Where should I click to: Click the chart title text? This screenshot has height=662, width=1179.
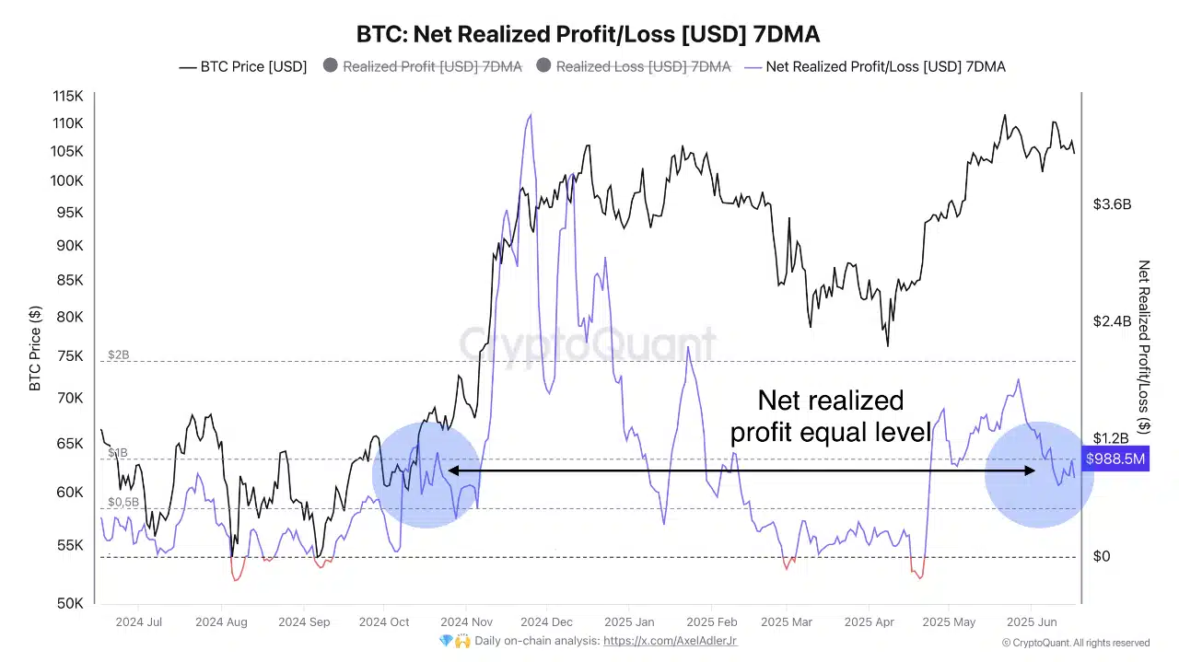coord(588,34)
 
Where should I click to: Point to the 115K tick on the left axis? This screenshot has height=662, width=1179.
coord(67,96)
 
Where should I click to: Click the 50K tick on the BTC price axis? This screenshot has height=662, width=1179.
coord(70,603)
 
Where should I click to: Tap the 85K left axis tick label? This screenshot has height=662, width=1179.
coord(70,280)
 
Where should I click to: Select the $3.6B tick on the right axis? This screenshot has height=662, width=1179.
coord(1112,204)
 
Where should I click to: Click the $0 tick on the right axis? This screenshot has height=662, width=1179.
coord(1102,556)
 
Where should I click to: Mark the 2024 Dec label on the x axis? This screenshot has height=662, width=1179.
coord(547,622)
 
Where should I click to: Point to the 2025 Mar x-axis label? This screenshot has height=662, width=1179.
coord(788,622)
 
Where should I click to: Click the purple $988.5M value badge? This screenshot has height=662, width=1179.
coord(1115,459)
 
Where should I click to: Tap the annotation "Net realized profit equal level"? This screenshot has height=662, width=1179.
coord(830,416)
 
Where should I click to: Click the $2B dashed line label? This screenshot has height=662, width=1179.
coord(118,354)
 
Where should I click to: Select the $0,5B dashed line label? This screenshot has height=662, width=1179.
coord(123,502)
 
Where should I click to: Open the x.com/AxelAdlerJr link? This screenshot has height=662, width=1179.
coord(670,641)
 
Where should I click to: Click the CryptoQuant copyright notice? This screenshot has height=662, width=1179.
coord(1076,643)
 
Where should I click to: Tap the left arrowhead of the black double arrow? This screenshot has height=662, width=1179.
coord(451,471)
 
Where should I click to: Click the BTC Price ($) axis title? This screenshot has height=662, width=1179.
coord(35,349)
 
